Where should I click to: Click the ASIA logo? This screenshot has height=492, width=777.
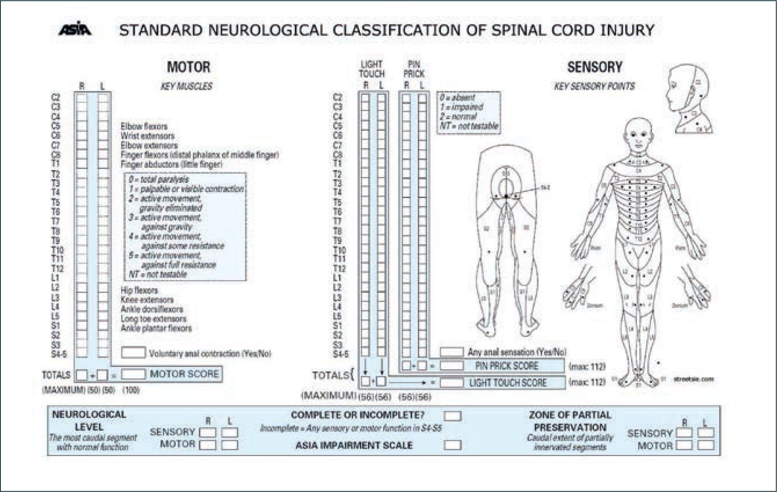(x=75, y=29)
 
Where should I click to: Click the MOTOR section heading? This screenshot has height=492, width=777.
(x=188, y=67)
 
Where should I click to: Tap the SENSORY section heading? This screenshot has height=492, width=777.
(x=594, y=67)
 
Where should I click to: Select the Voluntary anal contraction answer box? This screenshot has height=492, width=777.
(x=133, y=352)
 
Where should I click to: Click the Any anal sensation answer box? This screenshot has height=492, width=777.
(x=452, y=352)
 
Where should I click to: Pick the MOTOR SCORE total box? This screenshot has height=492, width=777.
(x=133, y=374)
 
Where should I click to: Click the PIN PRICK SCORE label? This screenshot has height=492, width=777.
(x=506, y=366)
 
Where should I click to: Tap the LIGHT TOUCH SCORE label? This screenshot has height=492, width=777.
(x=508, y=383)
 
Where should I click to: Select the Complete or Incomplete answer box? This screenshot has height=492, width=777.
(x=452, y=416)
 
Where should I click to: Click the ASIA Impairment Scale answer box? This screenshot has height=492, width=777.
(x=452, y=445)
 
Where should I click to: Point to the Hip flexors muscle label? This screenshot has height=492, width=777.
(x=139, y=290)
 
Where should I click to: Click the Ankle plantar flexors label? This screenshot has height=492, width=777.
(x=156, y=329)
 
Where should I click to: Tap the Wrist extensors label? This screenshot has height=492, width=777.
(x=147, y=136)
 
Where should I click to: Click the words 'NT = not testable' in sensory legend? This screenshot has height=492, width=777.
(x=469, y=126)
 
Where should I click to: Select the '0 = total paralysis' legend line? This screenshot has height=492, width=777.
(x=159, y=179)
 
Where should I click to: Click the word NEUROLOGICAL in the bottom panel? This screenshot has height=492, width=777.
(x=89, y=415)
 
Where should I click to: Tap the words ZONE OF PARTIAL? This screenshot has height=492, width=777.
(x=570, y=415)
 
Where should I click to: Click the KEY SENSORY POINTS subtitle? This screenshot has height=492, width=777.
(x=594, y=86)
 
